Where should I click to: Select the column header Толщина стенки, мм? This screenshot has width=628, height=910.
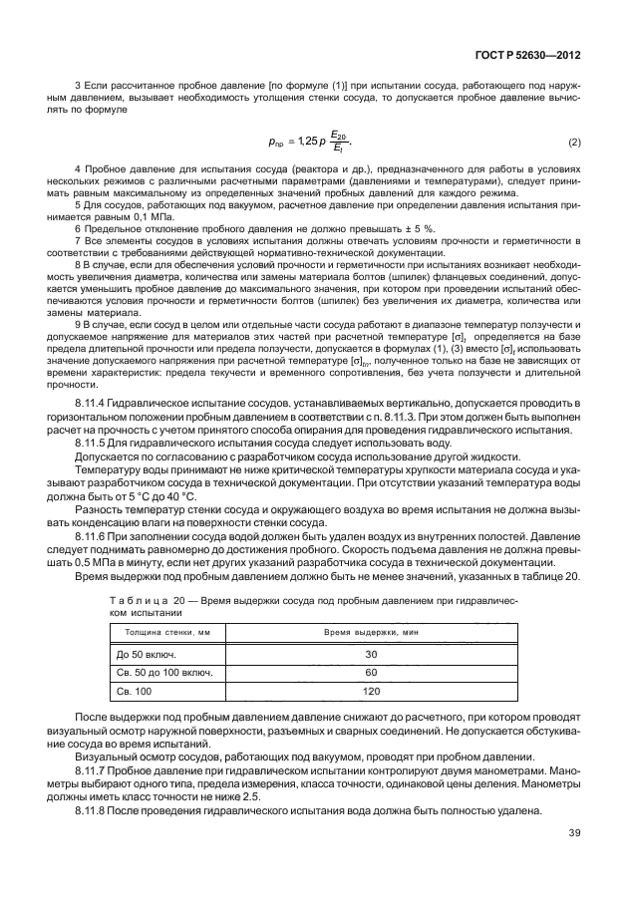tap(167, 632)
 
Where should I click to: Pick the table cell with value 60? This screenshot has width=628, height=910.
tap(372, 673)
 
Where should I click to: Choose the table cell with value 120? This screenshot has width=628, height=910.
tap(372, 692)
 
